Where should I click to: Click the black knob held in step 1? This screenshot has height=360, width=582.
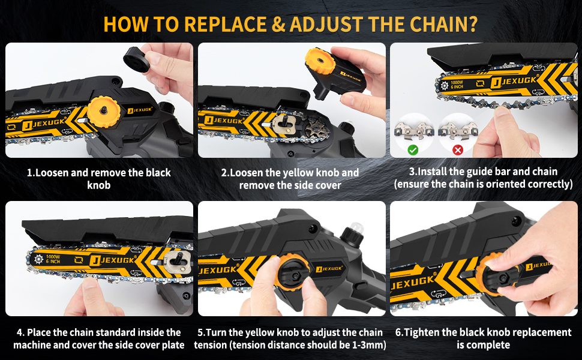coord(136,59)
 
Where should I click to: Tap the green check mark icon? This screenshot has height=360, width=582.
coord(413,149)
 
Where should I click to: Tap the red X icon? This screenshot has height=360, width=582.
coord(458,149)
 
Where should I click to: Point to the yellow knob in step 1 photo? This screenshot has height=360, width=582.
coord(104,112)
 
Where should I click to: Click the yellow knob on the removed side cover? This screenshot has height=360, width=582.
coord(320,61)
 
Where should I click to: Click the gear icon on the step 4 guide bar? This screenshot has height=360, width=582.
coord(38,259)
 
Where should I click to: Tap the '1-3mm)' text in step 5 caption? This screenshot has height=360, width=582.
coord(366,345)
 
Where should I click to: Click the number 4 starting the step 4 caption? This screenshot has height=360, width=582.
coord(20,332)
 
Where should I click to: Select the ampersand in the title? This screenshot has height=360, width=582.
coord(278,25)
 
